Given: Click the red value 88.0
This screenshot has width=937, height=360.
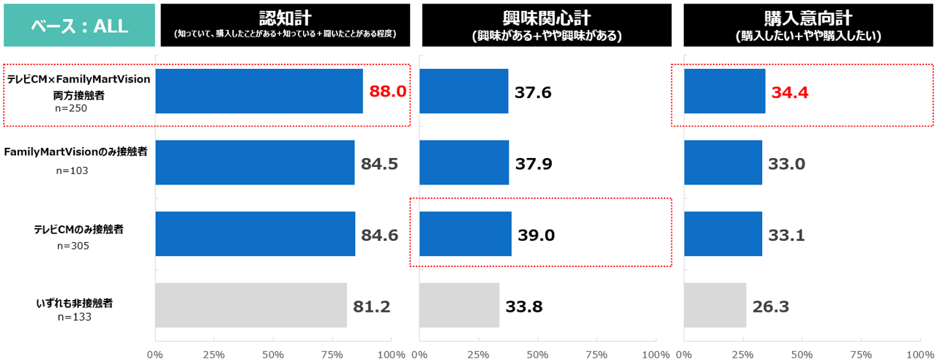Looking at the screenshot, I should [x=387, y=91].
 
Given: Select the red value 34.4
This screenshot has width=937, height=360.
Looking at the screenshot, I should [x=789, y=93].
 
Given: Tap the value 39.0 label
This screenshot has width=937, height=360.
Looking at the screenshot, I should [x=537, y=235].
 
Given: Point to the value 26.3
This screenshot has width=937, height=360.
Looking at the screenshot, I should [x=770, y=307].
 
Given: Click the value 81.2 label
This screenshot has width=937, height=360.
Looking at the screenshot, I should [x=371, y=307].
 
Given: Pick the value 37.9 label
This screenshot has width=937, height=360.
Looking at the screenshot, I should [x=534, y=163].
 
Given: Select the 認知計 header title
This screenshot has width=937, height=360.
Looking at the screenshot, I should [x=284, y=19].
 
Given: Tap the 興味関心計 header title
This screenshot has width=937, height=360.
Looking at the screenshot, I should [x=546, y=19].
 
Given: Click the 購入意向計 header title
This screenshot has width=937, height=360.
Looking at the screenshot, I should [x=808, y=19].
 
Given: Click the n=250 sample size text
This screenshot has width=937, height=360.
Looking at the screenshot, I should [x=71, y=109].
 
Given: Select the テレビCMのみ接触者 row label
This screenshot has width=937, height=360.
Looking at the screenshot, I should [x=78, y=229].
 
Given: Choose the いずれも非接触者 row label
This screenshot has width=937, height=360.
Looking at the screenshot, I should [x=74, y=302].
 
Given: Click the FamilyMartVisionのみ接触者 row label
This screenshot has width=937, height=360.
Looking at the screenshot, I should [x=76, y=151].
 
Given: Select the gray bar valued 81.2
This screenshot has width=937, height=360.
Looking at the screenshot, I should [x=251, y=305].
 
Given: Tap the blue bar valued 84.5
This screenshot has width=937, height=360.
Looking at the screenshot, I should [x=255, y=162].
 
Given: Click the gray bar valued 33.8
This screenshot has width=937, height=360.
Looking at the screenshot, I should [x=459, y=305].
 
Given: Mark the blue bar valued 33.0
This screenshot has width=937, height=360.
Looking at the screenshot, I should [x=723, y=162].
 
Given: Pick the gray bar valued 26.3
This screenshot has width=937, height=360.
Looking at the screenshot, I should [x=714, y=305].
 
